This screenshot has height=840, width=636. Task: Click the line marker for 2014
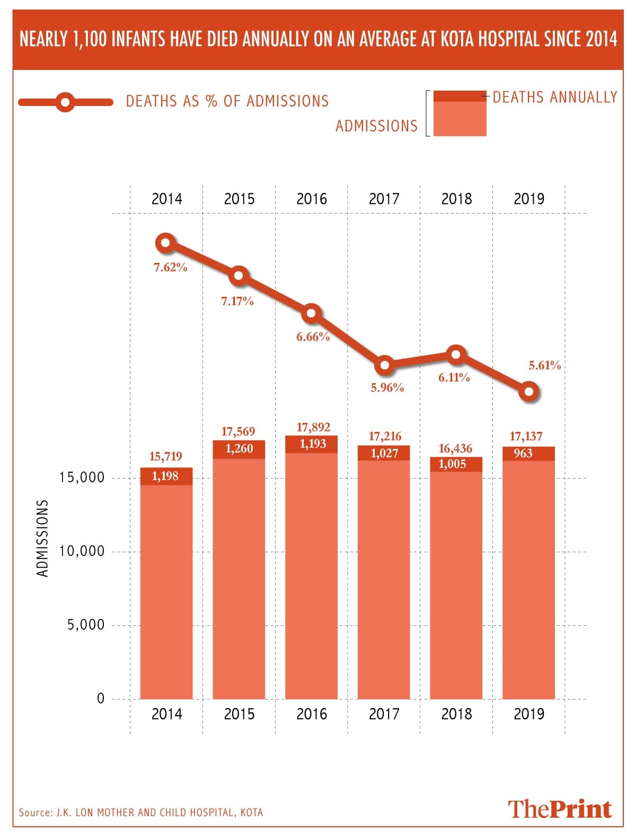(x=166, y=243)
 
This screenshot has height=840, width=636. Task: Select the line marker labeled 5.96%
(x=385, y=366)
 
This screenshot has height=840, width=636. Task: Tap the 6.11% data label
(x=454, y=378)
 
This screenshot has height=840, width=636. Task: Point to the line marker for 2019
(x=529, y=392)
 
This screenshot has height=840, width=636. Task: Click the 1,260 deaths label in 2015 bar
(x=239, y=449)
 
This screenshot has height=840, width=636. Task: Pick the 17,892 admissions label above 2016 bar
(x=313, y=427)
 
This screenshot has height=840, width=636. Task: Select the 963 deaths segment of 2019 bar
(x=528, y=454)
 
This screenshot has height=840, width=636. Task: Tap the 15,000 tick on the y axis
(x=82, y=478)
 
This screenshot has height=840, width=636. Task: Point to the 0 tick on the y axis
(x=101, y=698)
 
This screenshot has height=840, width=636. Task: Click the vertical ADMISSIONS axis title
(x=42, y=538)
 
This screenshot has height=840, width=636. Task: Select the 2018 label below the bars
(x=456, y=714)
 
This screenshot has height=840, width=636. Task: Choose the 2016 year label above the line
(x=312, y=199)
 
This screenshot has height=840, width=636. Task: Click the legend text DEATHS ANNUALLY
(x=555, y=97)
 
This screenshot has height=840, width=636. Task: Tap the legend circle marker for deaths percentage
(x=65, y=102)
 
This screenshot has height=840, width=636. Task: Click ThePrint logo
(x=560, y=809)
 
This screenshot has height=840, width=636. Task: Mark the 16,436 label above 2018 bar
(x=455, y=449)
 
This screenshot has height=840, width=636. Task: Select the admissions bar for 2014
(x=166, y=591)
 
